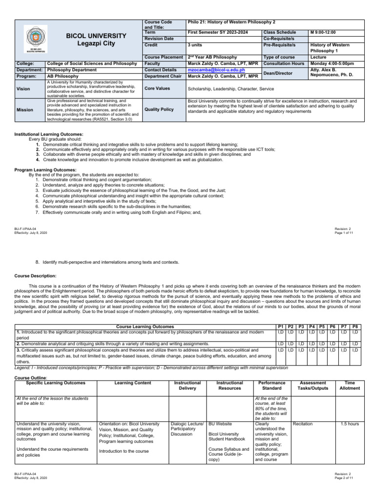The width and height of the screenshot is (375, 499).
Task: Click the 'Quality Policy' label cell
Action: pos(159,110)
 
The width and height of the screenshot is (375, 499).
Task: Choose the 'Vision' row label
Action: pos(23,89)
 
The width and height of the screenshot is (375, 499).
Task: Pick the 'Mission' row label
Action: pos(24,110)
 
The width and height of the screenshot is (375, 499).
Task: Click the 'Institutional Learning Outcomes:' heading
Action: pos(49,134)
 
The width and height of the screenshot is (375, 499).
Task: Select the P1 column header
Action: pos(280,326)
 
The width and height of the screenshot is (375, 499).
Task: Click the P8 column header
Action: pos(355,326)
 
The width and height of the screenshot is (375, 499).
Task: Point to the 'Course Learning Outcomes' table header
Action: pos(145,326)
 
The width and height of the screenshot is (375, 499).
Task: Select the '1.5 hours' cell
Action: pos(350,424)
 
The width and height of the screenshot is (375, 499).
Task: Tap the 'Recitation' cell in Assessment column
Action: pos(303,424)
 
